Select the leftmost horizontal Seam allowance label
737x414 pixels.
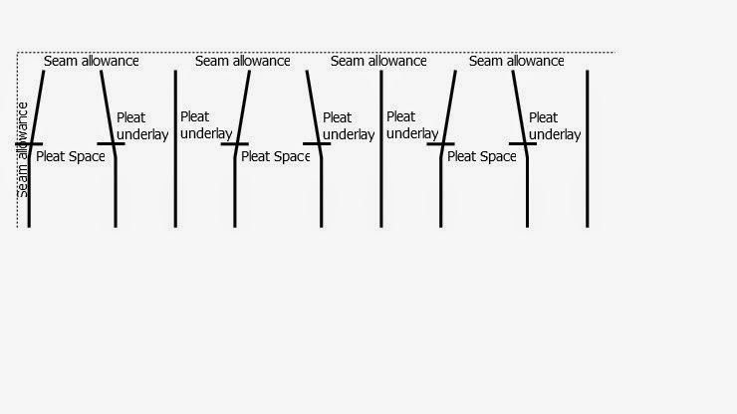pos(92,61)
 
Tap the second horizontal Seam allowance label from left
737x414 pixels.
pos(242,61)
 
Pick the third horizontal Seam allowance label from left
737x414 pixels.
pos(378,61)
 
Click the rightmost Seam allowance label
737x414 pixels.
pos(516,61)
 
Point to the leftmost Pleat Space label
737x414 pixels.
pos(70,156)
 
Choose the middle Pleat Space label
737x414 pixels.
pos(276,156)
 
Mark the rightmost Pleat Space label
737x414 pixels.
pos(482,156)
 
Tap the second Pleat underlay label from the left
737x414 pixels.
pos(206,125)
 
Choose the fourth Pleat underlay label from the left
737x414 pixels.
pos(412,125)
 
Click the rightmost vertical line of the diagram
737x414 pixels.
pos(588,149)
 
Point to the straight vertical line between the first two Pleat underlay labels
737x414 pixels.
pos(175,149)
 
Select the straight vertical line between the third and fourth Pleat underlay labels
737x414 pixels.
pos(381,149)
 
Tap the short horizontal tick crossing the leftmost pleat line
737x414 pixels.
pos(29,145)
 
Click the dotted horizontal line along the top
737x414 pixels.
pos(319,52)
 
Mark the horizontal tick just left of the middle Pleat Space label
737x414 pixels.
pos(235,145)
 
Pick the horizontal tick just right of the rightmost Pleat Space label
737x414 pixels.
pos(526,145)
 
